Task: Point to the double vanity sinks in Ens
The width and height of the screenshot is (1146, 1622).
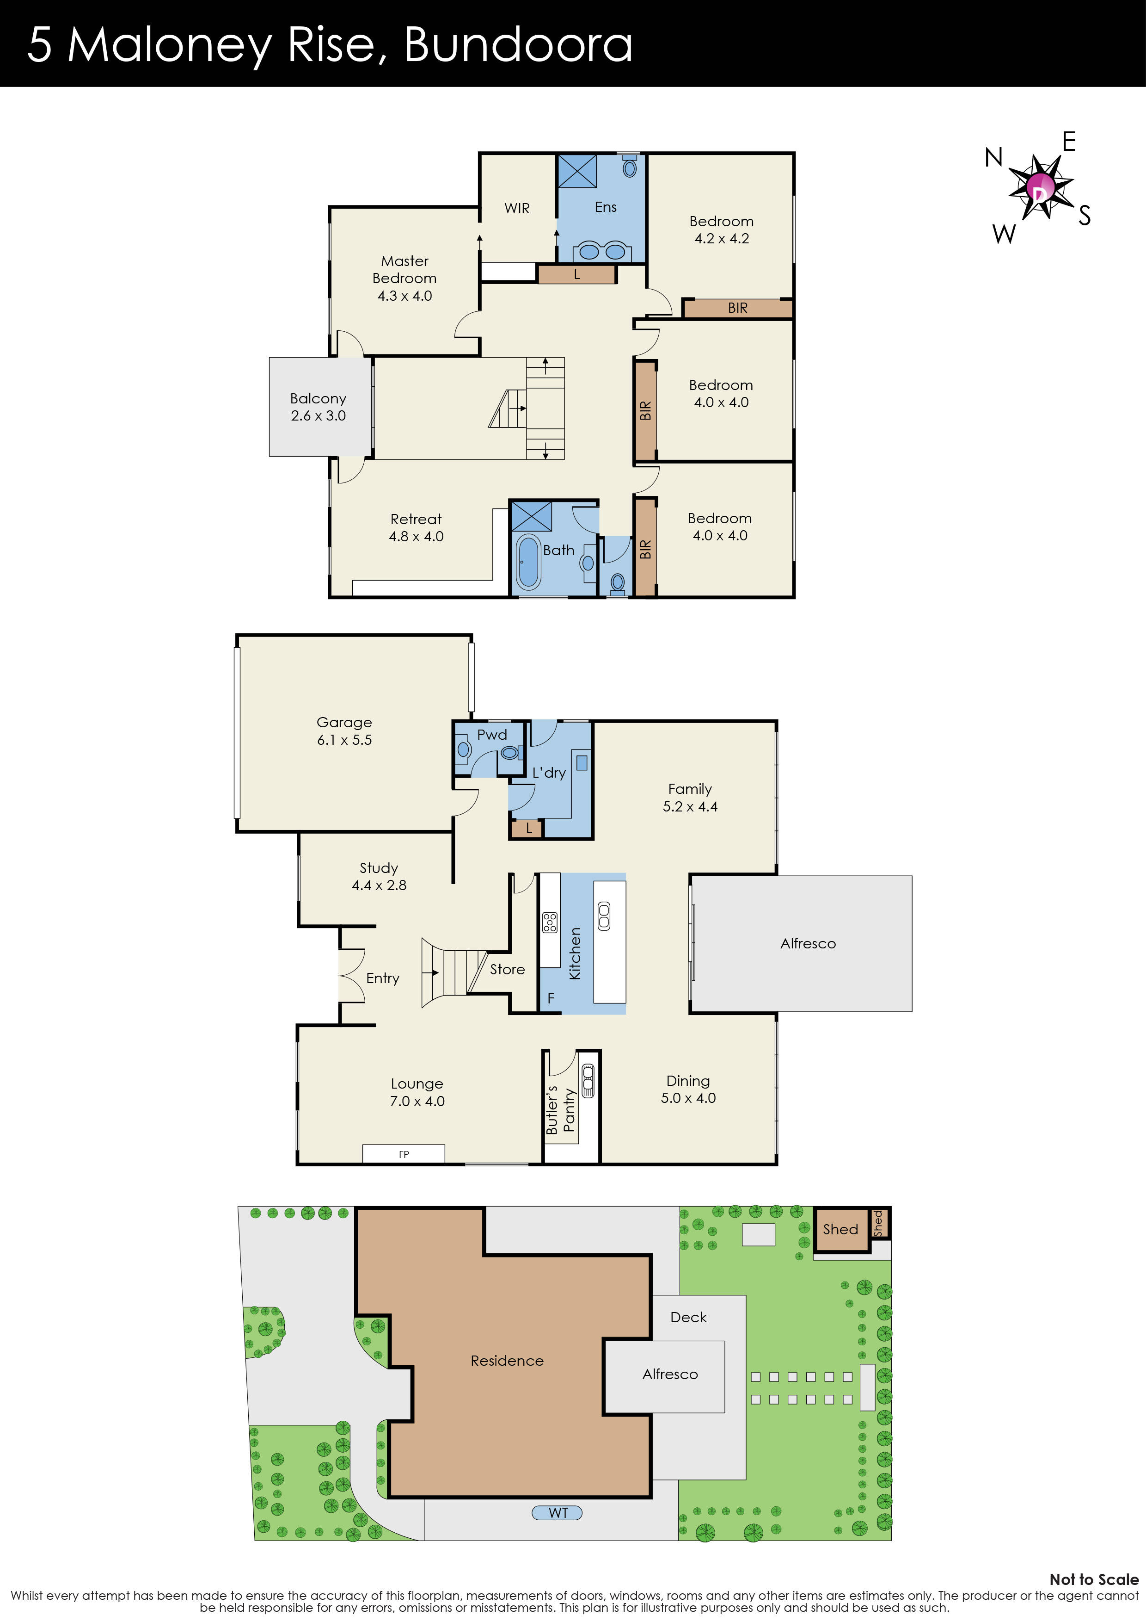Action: tap(601, 251)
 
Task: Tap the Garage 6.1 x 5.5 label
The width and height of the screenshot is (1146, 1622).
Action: tap(344, 731)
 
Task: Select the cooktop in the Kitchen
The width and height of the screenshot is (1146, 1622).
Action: tap(549, 922)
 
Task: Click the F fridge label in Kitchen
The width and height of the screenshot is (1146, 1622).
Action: tap(551, 999)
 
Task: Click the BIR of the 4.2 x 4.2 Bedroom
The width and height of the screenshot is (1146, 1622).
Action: tap(737, 308)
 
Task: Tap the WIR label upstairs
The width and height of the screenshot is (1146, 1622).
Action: tap(517, 208)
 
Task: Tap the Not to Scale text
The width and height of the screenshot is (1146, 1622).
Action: tap(1093, 1579)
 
